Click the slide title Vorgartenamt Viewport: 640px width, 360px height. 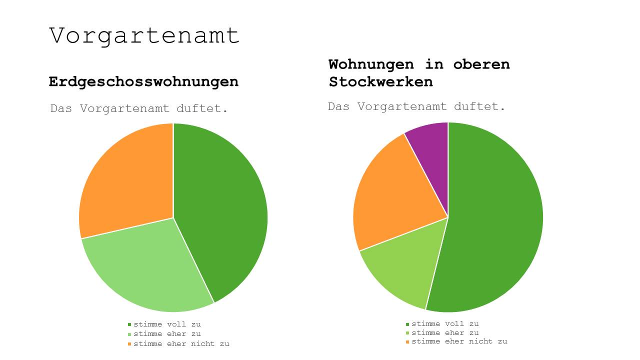click(144, 36)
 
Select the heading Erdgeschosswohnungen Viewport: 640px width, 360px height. click(143, 81)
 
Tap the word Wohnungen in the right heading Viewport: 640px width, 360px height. click(371, 64)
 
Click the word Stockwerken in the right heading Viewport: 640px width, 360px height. click(380, 81)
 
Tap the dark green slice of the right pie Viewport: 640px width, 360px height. click(495, 220)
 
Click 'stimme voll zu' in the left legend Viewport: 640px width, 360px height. click(167, 324)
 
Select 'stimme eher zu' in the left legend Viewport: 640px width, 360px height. click(167, 334)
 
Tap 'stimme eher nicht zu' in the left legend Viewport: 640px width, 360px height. click(181, 344)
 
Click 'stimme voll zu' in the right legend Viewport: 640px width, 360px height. click(445, 323)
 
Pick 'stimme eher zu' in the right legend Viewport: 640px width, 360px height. click(445, 332)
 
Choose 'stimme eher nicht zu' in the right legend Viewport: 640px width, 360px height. click(459, 341)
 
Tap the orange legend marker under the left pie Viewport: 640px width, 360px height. click(129, 344)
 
